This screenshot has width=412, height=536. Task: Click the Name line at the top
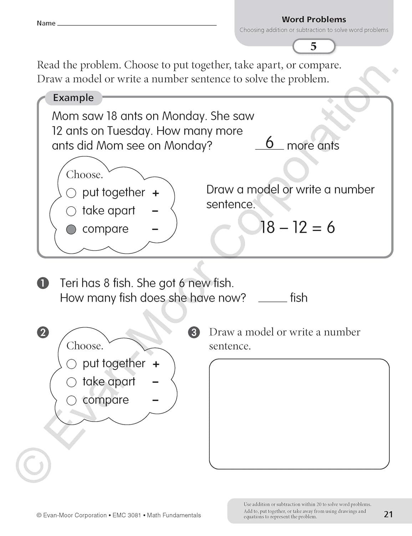coord(137,24)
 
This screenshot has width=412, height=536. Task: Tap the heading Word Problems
coord(314,19)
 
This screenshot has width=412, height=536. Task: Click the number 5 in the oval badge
coord(314,46)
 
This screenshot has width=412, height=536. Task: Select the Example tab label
coord(73,98)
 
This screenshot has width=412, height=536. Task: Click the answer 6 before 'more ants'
coord(270,143)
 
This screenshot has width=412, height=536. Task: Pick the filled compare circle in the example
coord(71,229)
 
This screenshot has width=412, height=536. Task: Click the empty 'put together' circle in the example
coord(71,193)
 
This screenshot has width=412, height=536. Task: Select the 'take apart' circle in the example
coord(71,211)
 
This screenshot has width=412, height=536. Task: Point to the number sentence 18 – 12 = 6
coord(297,227)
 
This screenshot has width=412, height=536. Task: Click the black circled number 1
coord(43,283)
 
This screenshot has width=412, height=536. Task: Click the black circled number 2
coord(43,332)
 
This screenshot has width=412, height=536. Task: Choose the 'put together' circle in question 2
coord(72,364)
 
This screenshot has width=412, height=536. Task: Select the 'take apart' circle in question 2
coord(72,382)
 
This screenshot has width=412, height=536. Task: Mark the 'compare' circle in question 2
coord(72,400)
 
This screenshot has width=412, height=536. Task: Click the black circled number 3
coord(194,332)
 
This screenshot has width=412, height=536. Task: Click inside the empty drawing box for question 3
coord(299,414)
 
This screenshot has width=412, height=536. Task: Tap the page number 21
coord(388,514)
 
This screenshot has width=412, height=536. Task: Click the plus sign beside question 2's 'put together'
coord(156,364)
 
